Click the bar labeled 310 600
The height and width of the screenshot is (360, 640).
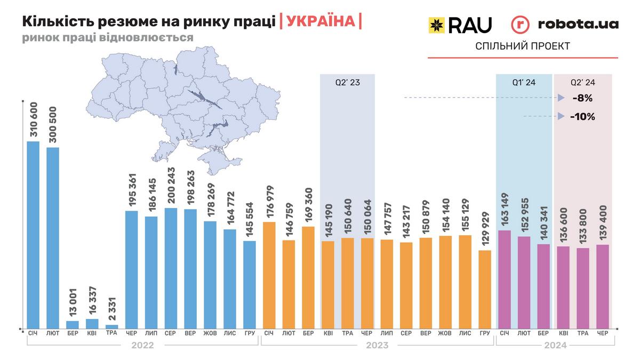[x=33, y=235]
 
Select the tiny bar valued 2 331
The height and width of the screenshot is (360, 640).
[x=112, y=326]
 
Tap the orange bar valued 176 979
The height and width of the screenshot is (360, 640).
[x=269, y=275]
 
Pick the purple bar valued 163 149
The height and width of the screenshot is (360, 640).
[x=505, y=279]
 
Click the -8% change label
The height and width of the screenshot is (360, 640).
[x=582, y=98]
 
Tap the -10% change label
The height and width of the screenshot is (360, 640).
[x=582, y=116]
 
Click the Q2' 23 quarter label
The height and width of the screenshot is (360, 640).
[x=347, y=83]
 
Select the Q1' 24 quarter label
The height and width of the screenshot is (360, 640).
[x=524, y=83]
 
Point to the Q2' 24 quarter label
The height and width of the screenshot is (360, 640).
[x=583, y=83]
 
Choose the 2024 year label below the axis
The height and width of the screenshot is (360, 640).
[x=555, y=345]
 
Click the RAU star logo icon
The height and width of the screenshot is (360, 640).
[x=437, y=25]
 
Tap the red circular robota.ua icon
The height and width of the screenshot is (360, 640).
[x=520, y=25]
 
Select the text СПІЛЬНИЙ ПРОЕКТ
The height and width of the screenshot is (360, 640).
[x=523, y=46]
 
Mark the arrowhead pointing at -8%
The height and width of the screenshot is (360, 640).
[x=561, y=98]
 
